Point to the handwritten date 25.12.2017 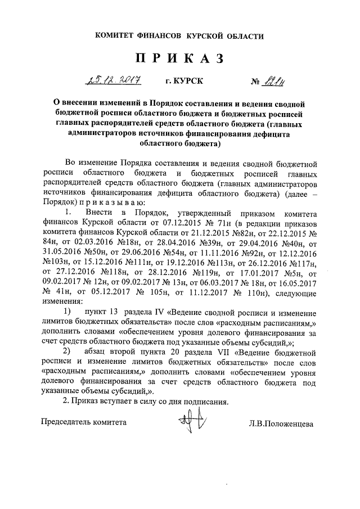pos(112,82)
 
